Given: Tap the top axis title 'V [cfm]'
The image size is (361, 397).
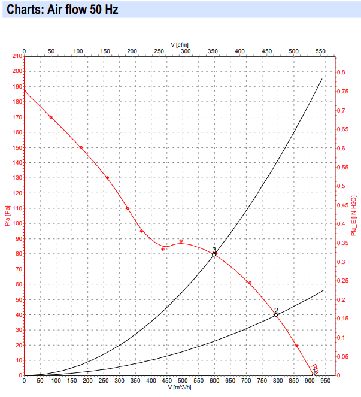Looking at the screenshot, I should click(180, 44).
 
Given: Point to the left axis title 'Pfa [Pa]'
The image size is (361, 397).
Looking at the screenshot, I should click(7, 216).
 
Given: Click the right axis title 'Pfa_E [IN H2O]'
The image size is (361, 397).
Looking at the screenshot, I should click(354, 216).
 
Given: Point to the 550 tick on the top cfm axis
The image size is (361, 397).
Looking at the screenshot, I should click(320, 51).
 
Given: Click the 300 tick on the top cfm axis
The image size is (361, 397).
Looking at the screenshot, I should click(186, 51).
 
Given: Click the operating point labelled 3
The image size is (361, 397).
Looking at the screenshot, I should click(214, 254).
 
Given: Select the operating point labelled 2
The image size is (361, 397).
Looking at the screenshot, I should click(276, 314).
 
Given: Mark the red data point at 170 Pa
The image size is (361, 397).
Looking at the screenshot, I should click(51, 117).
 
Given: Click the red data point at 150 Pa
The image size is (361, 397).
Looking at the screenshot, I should click(81, 147).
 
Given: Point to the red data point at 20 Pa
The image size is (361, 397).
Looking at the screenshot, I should click(296, 346).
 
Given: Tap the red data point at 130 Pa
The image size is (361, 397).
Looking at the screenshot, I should click(107, 178).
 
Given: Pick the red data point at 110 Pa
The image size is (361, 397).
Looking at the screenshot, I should click(128, 208).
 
